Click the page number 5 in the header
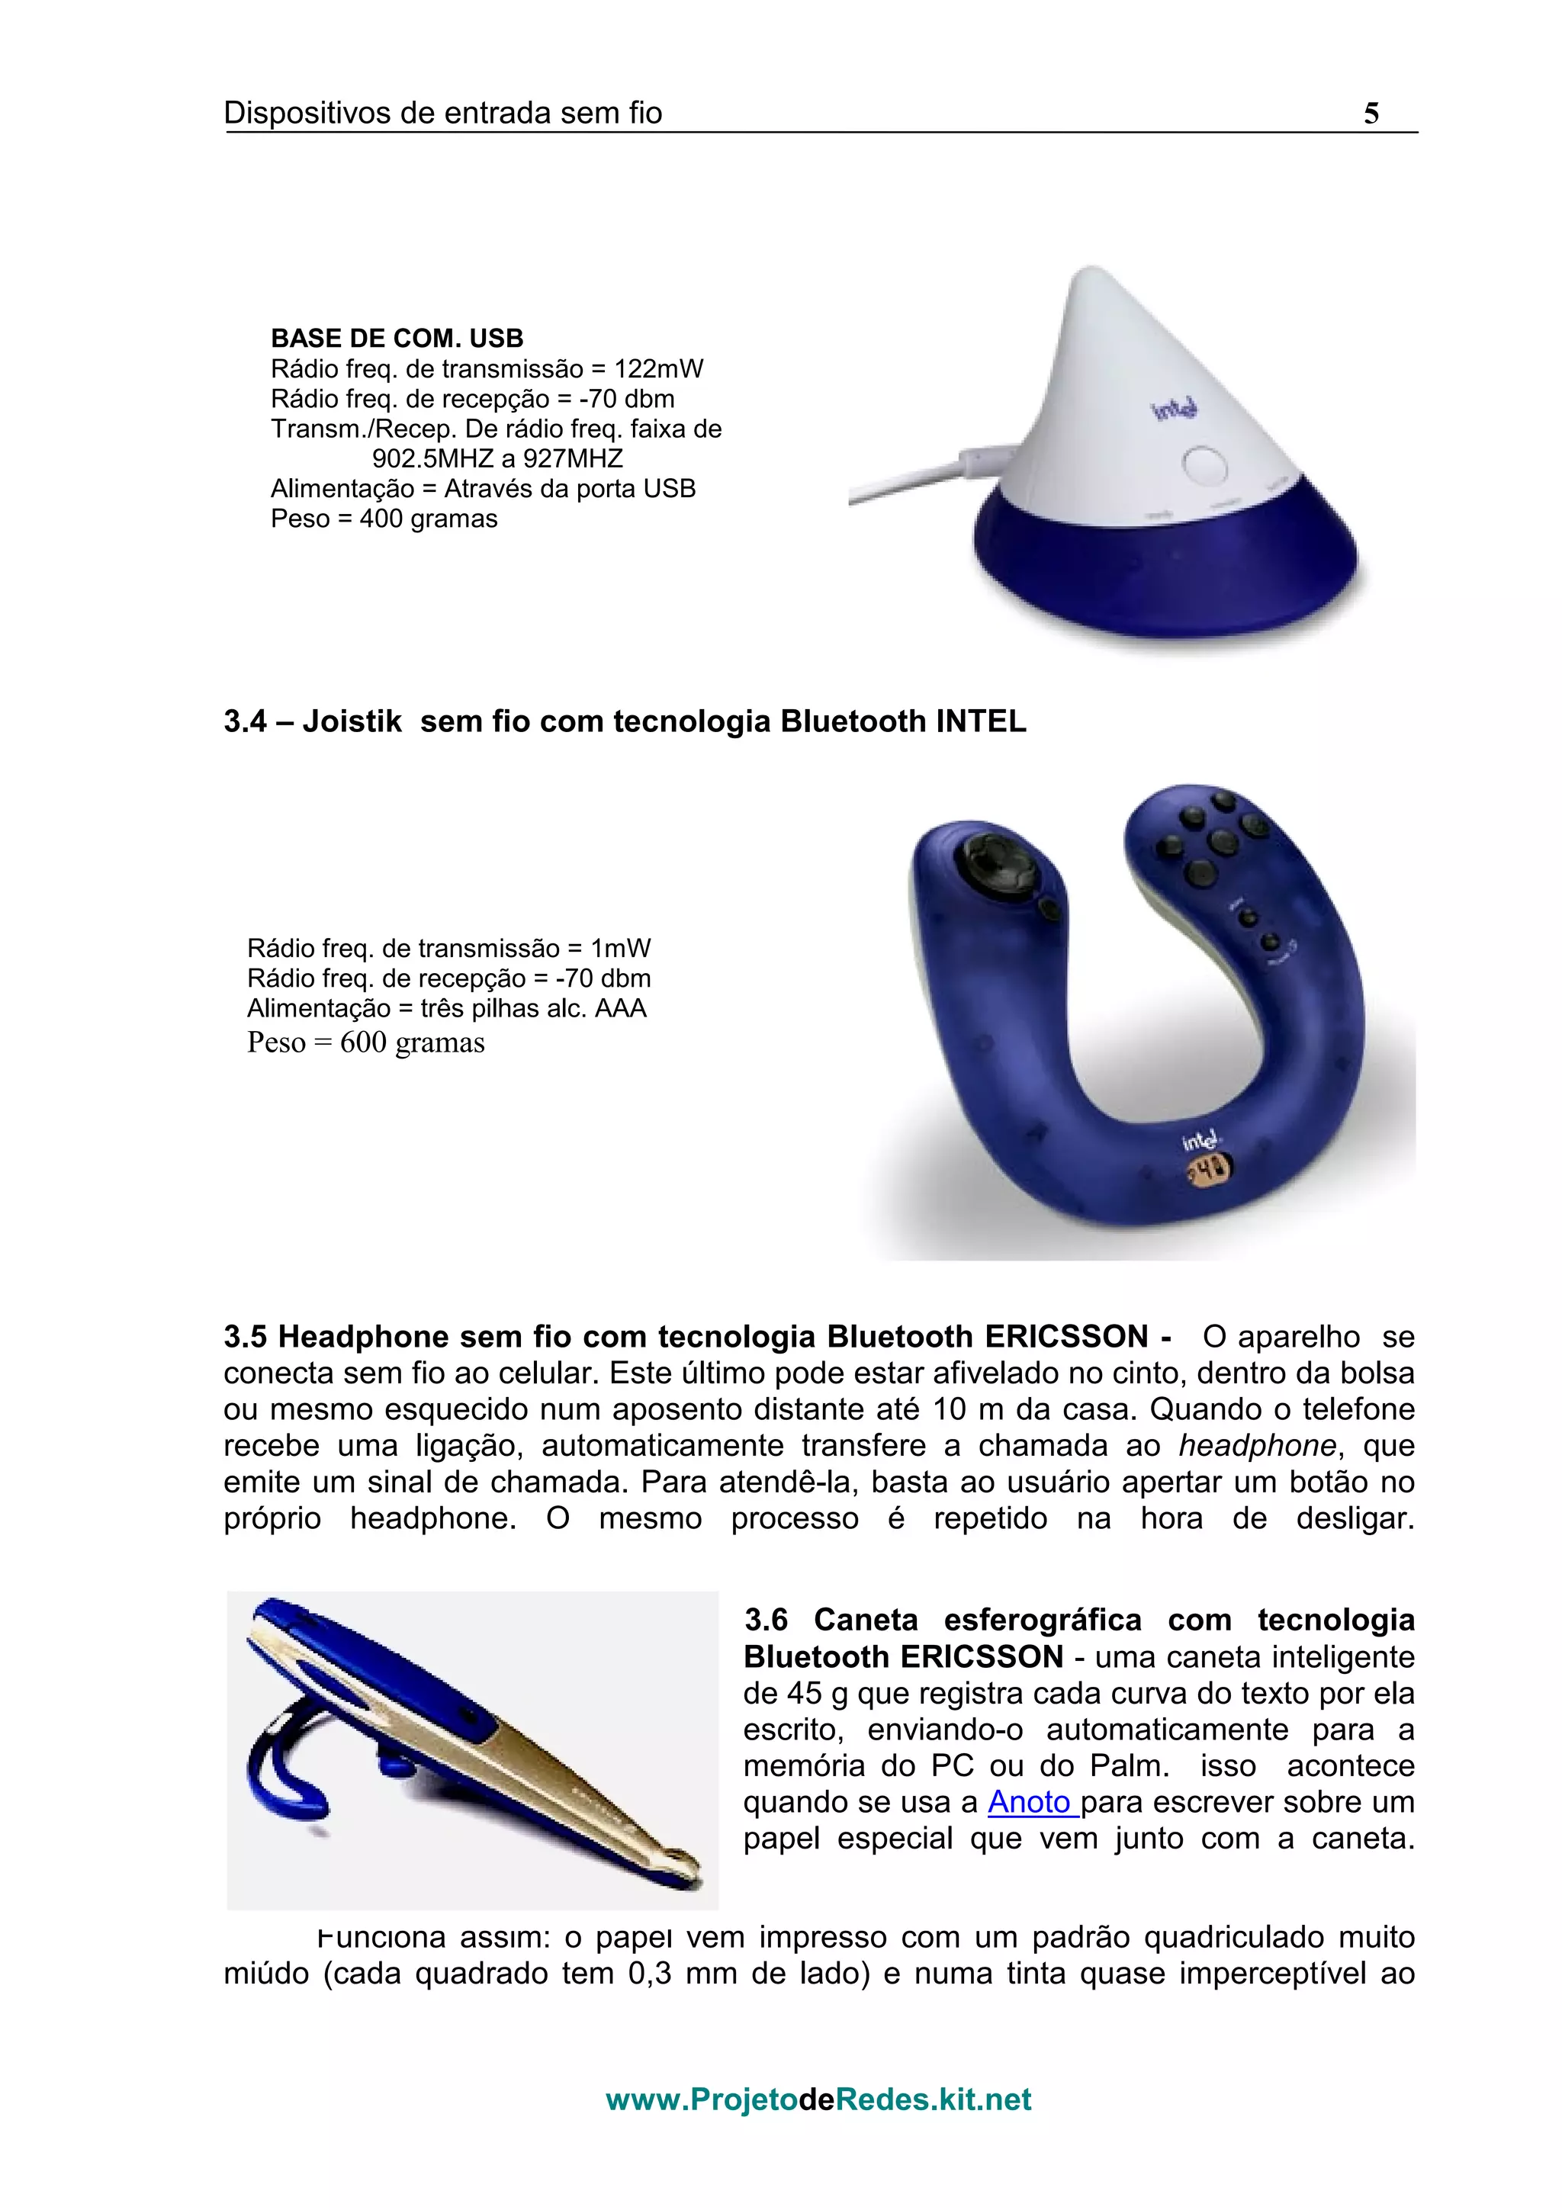pos(1371,114)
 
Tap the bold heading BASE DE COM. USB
pos(397,338)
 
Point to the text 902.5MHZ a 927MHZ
pos(497,458)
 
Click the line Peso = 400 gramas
pos(384,519)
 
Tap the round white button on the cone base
pos(1205,465)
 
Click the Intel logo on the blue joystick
pos(1201,1141)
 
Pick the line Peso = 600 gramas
pos(366,1042)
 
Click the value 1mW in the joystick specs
pos(621,948)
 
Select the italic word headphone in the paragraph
pos(1257,1446)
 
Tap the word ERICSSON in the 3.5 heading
pos(1066,1337)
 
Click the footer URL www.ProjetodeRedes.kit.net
pos(818,2099)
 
